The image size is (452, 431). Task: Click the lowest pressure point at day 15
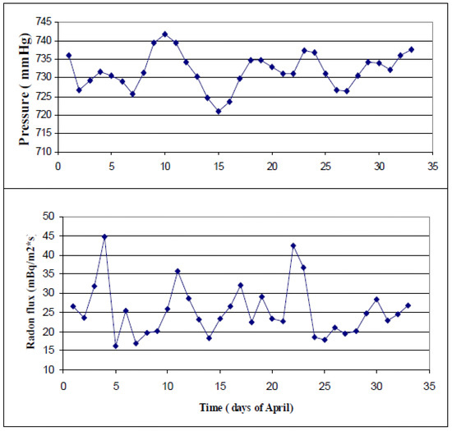point(219,111)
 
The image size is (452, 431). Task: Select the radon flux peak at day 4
point(104,236)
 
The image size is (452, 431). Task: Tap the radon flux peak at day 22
point(293,245)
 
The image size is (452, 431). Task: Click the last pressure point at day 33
point(411,49)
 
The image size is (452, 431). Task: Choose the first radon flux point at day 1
point(73,306)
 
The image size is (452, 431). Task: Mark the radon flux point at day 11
point(178,271)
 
